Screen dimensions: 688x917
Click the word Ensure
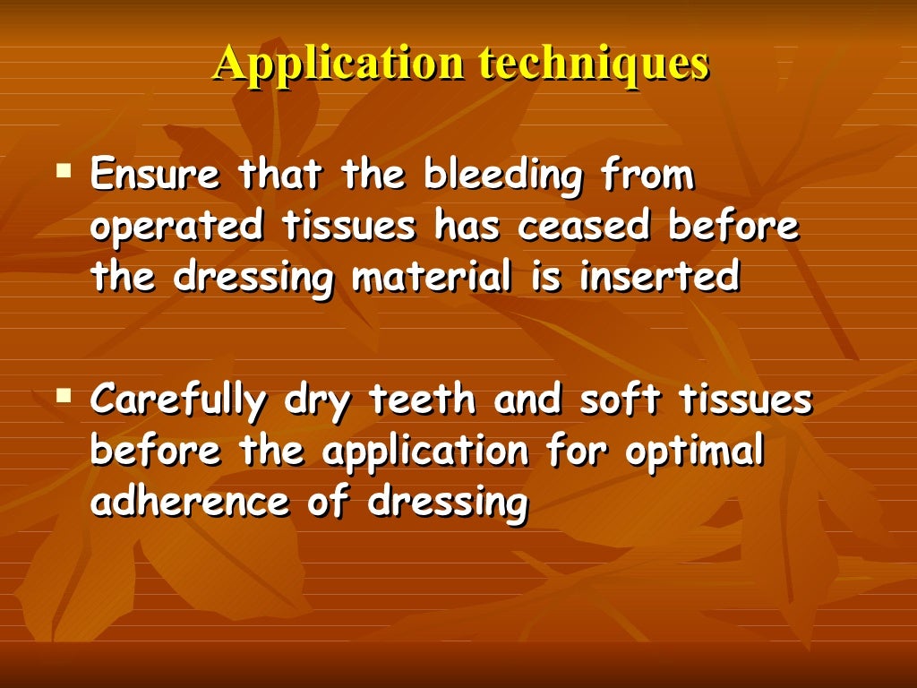(x=154, y=176)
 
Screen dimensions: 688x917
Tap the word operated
(x=176, y=228)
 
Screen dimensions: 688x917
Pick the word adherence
(x=190, y=503)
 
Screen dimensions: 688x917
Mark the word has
(x=467, y=226)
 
